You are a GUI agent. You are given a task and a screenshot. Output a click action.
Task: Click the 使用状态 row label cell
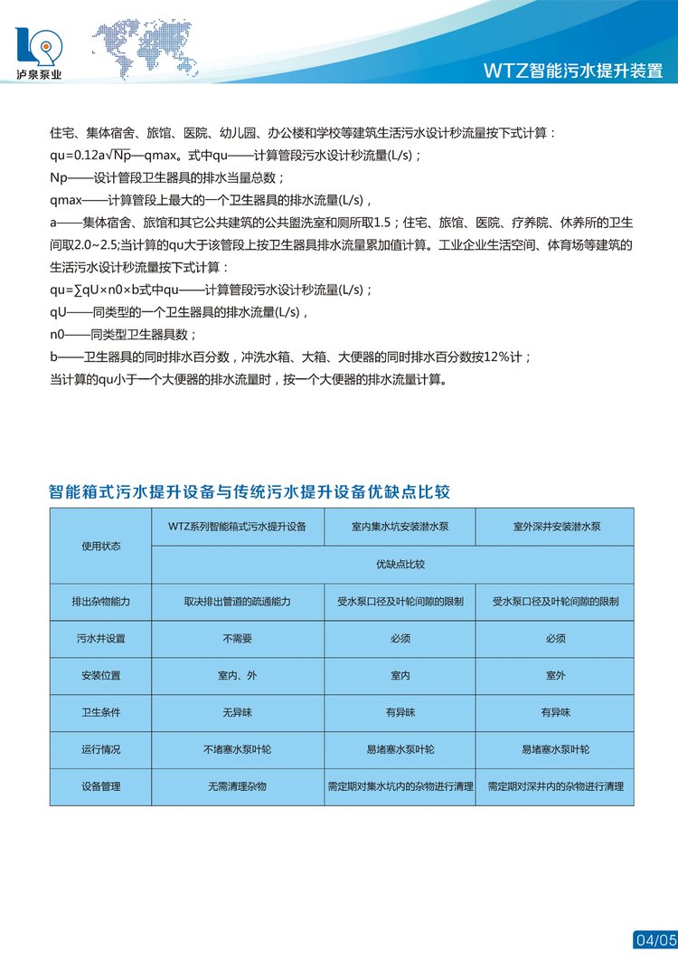[100, 546]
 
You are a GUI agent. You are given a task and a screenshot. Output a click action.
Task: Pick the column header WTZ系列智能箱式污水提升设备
[238, 526]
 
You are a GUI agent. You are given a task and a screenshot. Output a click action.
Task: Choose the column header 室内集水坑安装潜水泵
[400, 526]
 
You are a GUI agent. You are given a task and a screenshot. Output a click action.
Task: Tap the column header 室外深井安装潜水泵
[556, 526]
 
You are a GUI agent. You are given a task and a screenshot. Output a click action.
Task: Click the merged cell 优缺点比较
[400, 564]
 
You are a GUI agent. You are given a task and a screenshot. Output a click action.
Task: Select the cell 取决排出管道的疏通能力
[238, 601]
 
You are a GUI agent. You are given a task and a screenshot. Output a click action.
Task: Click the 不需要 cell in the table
[238, 638]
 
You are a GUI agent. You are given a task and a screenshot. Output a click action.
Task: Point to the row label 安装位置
[100, 675]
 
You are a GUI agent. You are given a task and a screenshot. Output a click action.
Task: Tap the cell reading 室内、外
[238, 675]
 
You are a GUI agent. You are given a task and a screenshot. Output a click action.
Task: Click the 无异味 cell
[238, 712]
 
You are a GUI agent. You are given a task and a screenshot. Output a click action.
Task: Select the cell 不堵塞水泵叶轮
[238, 749]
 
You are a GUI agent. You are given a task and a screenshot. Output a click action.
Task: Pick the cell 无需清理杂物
[238, 786]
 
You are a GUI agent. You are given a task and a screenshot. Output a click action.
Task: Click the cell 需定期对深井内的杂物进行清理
[556, 786]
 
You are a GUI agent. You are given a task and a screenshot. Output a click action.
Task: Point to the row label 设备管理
[100, 786]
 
